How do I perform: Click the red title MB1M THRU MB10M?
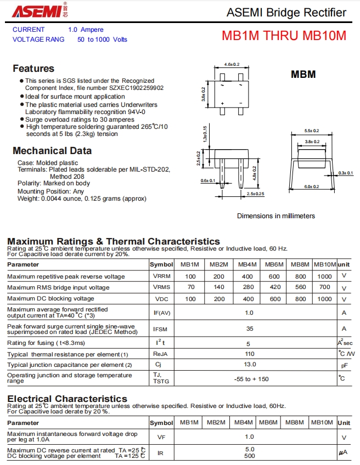point(284,36)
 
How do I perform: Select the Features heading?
point(33,69)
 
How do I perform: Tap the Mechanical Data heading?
point(52,151)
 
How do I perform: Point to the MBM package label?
point(303,74)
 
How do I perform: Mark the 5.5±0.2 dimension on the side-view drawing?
point(312,131)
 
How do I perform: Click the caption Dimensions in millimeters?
point(275,216)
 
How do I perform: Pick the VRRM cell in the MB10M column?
point(324,276)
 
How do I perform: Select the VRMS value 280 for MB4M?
point(248,287)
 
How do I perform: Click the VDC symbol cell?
point(161,299)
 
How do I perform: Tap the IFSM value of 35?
point(250,328)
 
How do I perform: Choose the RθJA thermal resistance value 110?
point(250,354)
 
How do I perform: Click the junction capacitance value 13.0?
point(250,365)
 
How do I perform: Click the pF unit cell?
point(344,365)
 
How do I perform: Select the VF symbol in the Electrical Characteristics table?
point(161,437)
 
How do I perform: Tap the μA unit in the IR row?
point(344,453)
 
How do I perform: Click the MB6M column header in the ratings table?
point(274,264)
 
